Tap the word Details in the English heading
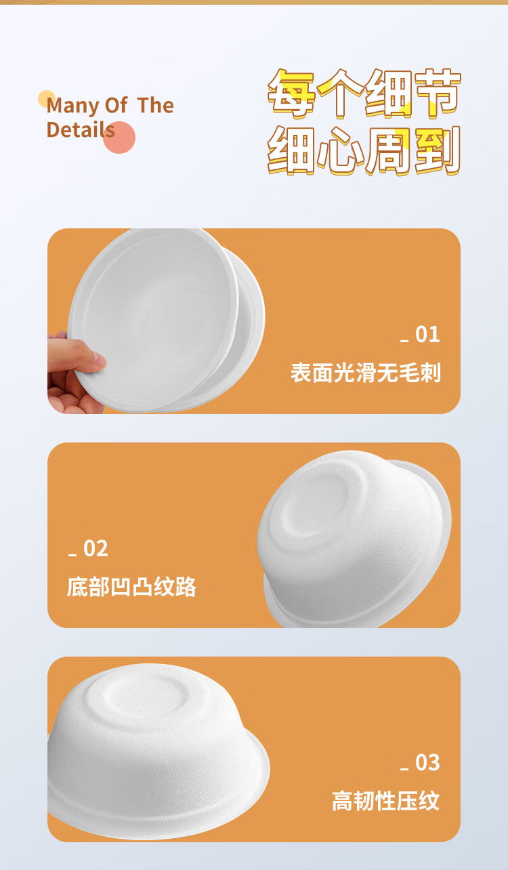click(x=81, y=129)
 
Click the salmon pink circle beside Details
click(x=120, y=138)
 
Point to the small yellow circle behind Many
click(x=47, y=99)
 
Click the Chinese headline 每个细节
click(x=364, y=94)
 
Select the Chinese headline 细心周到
click(x=364, y=150)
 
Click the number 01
click(x=427, y=335)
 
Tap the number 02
click(x=96, y=548)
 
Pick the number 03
click(x=427, y=762)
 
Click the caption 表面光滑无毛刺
click(x=366, y=373)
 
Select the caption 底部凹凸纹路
click(x=131, y=587)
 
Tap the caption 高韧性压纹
click(x=385, y=801)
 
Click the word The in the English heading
click(x=155, y=105)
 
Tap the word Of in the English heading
click(x=116, y=105)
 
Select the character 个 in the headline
click(x=340, y=94)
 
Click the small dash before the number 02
click(x=72, y=555)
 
